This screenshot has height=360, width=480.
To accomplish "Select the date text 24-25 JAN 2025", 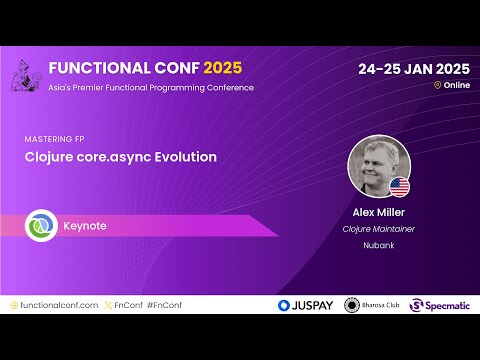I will click(413, 69).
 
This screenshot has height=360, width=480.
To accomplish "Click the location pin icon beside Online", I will click(437, 86).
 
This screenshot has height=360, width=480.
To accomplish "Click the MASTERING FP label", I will click(52, 139).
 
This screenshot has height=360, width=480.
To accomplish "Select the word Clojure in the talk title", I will click(48, 157).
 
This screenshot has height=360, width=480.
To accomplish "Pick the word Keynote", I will click(84, 226).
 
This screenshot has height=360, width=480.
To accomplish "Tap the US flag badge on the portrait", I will click(399, 186).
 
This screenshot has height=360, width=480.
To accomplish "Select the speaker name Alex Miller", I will click(378, 212).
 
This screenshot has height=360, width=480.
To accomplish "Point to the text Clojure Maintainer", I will click(378, 227).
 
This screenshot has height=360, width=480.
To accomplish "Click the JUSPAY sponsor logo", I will click(306, 305).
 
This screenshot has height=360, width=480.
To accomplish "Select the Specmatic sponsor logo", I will click(441, 305).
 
